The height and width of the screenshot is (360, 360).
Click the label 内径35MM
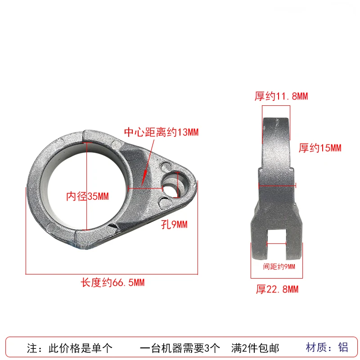pyautogui.click(x=87, y=196)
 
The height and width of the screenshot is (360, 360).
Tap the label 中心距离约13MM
pyautogui.click(x=161, y=132)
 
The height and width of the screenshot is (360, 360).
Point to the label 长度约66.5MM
pyautogui.click(x=112, y=283)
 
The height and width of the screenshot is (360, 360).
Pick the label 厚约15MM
pyautogui.click(x=320, y=148)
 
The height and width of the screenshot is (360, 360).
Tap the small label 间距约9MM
pyautogui.click(x=279, y=266)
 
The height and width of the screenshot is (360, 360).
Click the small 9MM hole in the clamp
pyautogui.click(x=171, y=184)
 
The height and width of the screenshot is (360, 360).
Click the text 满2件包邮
pyautogui.click(x=255, y=348)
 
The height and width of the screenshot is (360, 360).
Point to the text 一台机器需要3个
pyautogui.click(x=180, y=348)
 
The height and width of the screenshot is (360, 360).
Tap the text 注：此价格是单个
pyautogui.click(x=69, y=348)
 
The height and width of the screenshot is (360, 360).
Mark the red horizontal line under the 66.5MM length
pyautogui.click(x=112, y=273)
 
